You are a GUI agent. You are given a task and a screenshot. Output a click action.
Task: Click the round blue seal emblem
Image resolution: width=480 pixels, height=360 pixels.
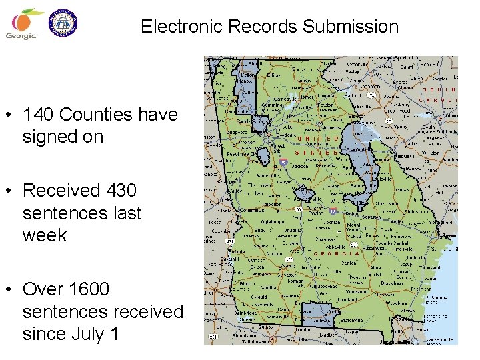[65, 23]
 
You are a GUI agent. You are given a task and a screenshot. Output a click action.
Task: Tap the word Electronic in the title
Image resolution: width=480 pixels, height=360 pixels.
[181, 27]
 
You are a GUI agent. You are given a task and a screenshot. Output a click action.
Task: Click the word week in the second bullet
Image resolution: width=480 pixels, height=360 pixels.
[45, 235]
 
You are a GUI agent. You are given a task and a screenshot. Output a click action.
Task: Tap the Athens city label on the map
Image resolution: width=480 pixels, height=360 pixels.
[331, 127]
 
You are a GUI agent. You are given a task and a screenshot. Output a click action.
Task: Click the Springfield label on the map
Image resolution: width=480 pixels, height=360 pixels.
[441, 223]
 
